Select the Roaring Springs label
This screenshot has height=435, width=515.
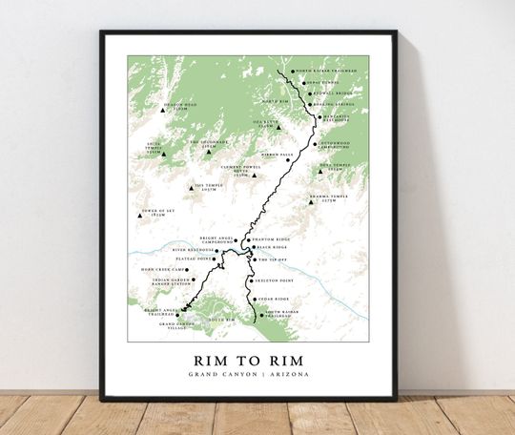click(331, 105)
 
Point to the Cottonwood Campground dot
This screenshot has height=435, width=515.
click(314, 145)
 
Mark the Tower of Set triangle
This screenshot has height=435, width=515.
click(140, 217)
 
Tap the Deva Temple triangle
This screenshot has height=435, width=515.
click(320, 171)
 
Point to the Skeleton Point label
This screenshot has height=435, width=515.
click(274, 281)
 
